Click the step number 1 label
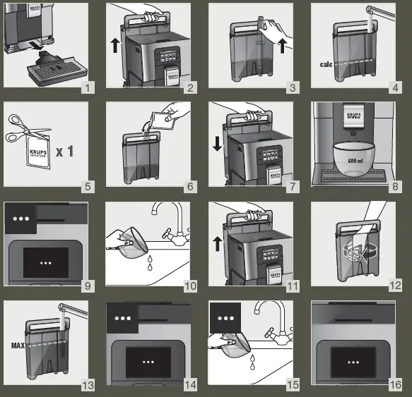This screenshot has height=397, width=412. point(87,87)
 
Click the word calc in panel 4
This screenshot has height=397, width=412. point(326,64)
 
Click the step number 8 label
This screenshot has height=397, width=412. point(396,186)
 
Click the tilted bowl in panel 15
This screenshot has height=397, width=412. point(232,343)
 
